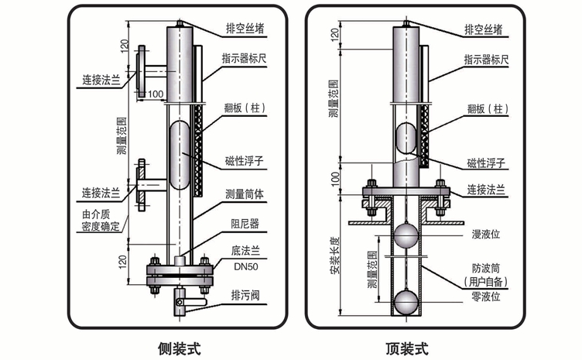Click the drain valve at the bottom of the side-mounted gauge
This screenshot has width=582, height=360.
coord(185,301)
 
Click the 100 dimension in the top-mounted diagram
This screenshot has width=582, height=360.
coord(334,177)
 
